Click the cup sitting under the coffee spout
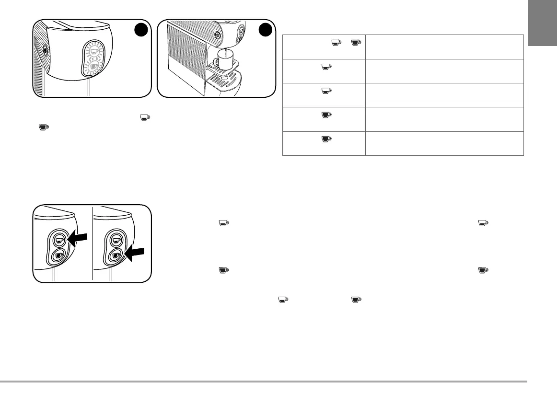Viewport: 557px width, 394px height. (x=223, y=61)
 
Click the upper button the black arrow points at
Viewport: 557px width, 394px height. (x=58, y=239)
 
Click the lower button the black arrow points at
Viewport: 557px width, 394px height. (x=115, y=255)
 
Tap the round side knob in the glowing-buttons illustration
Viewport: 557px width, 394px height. (x=45, y=49)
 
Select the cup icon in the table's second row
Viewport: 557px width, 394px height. (x=326, y=67)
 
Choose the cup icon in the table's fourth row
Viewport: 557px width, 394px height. (x=326, y=115)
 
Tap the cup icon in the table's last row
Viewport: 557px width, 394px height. (x=326, y=139)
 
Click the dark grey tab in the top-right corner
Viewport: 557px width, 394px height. (x=543, y=23)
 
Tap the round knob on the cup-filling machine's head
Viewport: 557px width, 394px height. (x=218, y=35)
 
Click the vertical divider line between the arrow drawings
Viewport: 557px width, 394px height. (x=92, y=244)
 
